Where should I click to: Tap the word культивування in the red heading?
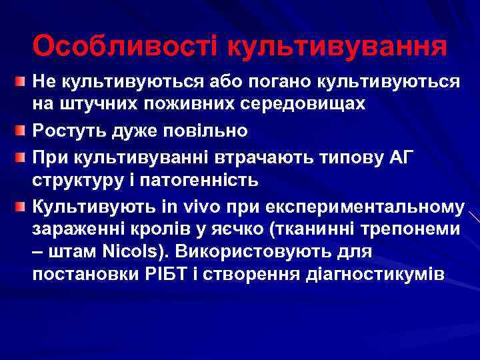pyautogui.click(x=337, y=47)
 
